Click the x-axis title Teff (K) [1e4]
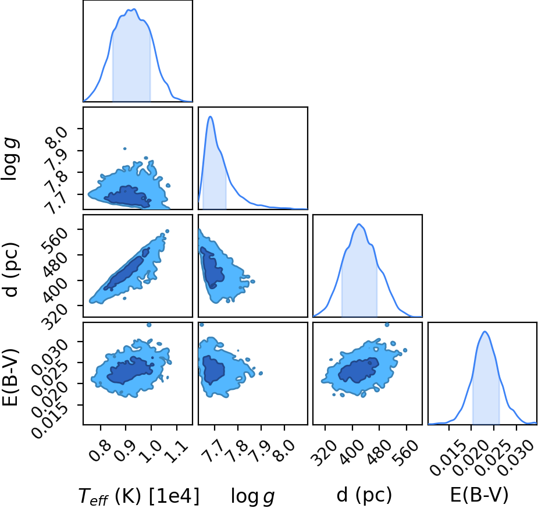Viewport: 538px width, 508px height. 139,496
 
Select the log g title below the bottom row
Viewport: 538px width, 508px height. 253,496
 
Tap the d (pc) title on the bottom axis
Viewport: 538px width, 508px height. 364,495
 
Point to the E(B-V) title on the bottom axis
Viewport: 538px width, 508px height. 479,495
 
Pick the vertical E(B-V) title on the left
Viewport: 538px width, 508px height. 10,376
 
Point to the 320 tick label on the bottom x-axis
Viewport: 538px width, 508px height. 324,453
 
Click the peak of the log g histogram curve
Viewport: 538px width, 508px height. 211,117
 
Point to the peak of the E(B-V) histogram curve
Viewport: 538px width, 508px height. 484,332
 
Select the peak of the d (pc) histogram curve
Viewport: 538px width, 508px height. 359,224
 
